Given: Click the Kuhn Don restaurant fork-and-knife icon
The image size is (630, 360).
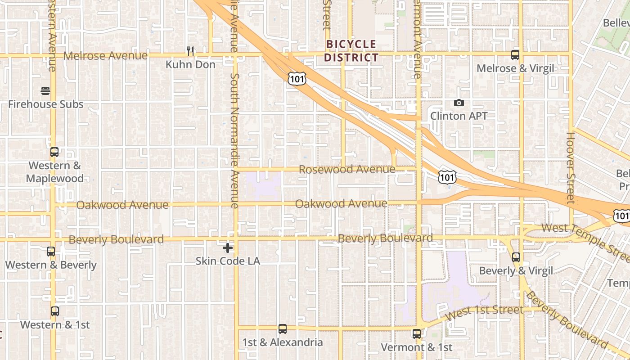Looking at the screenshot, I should coord(190,51).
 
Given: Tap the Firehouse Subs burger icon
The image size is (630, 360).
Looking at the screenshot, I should coord(45,91).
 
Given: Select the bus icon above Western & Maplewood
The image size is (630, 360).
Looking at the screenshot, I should coord(54,152).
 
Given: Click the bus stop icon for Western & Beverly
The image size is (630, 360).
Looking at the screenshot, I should coord(51,252).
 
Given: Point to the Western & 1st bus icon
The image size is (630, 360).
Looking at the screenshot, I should coord(55,311).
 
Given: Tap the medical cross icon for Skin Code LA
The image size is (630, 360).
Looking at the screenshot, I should coord(228,248).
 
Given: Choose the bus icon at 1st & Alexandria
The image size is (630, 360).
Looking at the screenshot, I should coord(283,329).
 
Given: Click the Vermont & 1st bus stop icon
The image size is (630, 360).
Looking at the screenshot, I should coord(417,334).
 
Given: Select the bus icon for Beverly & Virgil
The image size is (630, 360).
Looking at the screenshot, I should coord(516,257).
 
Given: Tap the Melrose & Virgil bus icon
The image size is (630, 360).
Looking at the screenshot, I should coord(515,55).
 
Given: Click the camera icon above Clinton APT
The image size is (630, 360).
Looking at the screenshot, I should coord(459,103).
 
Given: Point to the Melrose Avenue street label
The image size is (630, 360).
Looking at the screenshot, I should coord(105,55).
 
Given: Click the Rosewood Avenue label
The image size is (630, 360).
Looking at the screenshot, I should coord(347,170).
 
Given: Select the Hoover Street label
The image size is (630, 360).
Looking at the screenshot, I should coord(571,167).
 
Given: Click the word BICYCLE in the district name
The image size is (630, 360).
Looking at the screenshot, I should coord(351,44).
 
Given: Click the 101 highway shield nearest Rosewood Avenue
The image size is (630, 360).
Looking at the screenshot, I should coord(447,177).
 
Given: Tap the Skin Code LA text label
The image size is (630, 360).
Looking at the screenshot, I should coord(228,261).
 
